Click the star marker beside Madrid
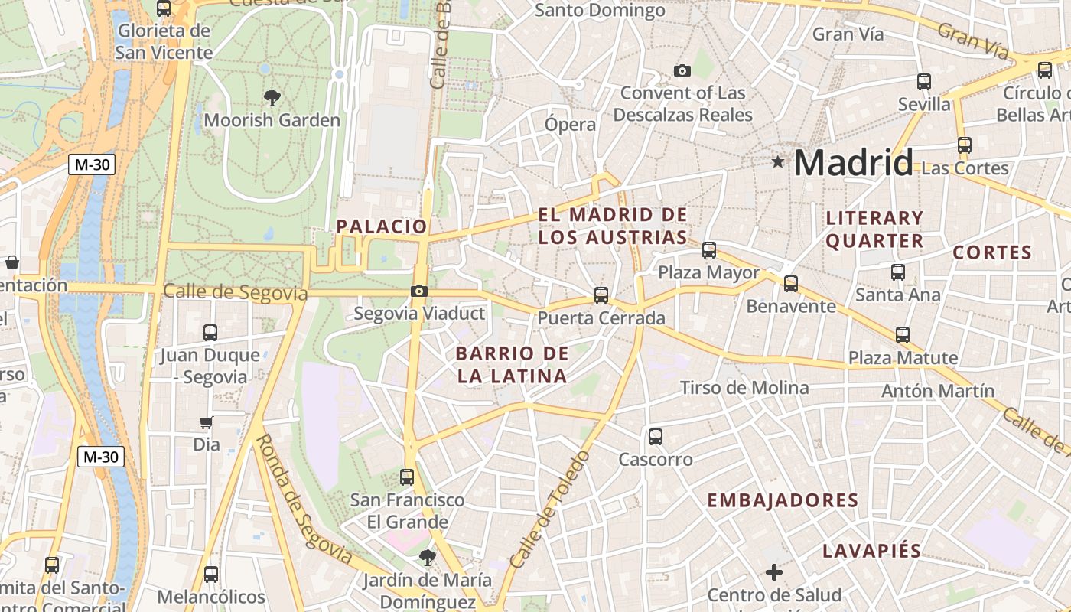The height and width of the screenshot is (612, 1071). pyautogui.click(x=778, y=161)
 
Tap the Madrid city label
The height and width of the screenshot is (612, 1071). pyautogui.click(x=854, y=162)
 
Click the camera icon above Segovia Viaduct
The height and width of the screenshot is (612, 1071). pyautogui.click(x=418, y=291)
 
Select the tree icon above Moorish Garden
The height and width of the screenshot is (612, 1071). pyautogui.click(x=272, y=97)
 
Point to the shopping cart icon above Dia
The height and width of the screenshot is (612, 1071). pyautogui.click(x=206, y=422)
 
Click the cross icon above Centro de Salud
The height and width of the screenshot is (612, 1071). pyautogui.click(x=774, y=571)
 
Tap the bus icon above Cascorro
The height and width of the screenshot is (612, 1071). pyautogui.click(x=656, y=437)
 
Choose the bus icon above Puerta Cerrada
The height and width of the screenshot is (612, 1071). pyautogui.click(x=601, y=295)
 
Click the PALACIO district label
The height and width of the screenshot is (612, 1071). pyautogui.click(x=382, y=226)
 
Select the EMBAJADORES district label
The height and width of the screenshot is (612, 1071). pyautogui.click(x=783, y=500)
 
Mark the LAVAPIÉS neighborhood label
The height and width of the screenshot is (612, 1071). pyautogui.click(x=872, y=551)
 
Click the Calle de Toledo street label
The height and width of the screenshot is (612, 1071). pyautogui.click(x=550, y=509)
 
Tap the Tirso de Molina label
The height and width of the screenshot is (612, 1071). pyautogui.click(x=744, y=388)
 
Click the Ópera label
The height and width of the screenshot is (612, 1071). pyautogui.click(x=570, y=124)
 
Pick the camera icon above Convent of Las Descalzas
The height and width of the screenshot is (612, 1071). pyautogui.click(x=682, y=71)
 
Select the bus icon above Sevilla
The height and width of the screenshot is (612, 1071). pyautogui.click(x=924, y=81)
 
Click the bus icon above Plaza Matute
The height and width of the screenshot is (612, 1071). pyautogui.click(x=903, y=334)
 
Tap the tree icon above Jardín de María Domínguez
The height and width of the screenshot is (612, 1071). pyautogui.click(x=427, y=558)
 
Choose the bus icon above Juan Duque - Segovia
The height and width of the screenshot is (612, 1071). pyautogui.click(x=210, y=333)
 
